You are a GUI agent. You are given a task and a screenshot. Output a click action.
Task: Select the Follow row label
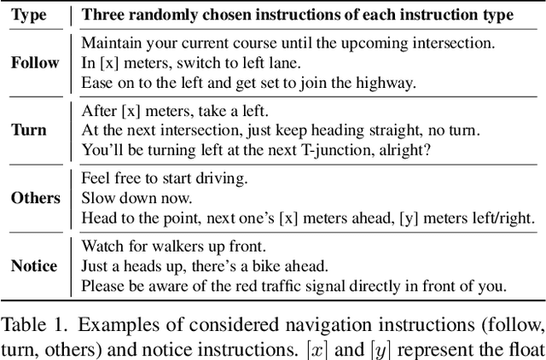[x=35, y=61]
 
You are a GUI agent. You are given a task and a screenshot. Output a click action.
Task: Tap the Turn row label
[x=29, y=130]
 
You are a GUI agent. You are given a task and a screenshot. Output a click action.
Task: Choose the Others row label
[x=36, y=198]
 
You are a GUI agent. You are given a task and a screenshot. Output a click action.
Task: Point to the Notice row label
[x=33, y=266]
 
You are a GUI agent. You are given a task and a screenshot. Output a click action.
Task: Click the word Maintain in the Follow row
[x=109, y=42]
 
